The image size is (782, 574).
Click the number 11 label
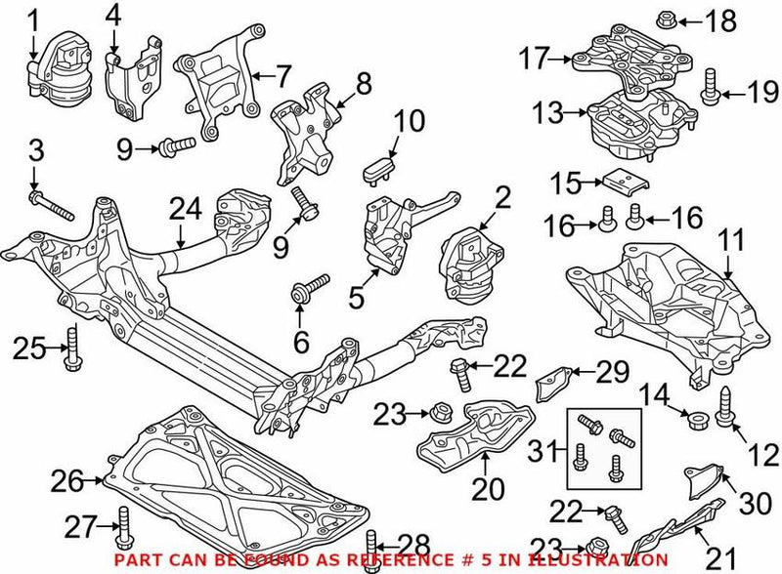pos(732,237)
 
